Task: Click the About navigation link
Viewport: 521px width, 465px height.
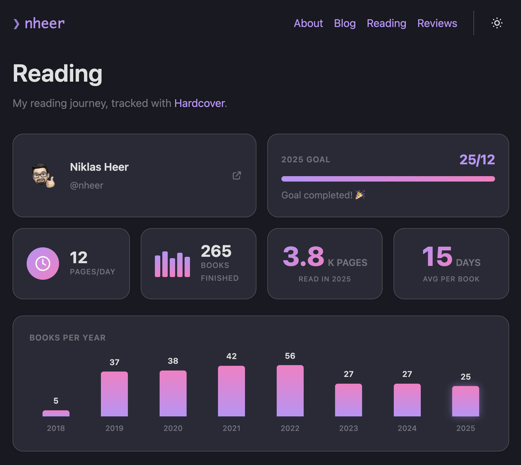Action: [308, 23]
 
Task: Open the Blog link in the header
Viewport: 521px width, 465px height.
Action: [345, 23]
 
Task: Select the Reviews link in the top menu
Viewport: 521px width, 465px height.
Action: [437, 23]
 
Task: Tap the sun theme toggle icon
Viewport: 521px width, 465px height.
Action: [497, 23]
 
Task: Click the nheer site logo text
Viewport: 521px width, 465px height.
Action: [44, 23]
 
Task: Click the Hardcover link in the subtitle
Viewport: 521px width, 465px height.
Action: [199, 103]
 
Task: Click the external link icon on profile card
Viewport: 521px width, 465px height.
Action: [237, 175]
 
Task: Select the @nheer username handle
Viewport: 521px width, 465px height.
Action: [86, 185]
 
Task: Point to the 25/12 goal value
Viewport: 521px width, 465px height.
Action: [477, 160]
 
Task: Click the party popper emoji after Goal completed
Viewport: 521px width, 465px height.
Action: [360, 195]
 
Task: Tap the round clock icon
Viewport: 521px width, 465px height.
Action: [43, 264]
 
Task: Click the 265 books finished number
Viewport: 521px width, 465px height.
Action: [216, 251]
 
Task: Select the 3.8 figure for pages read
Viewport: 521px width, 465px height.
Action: [303, 256]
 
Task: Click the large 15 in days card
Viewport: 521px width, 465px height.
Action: [437, 256]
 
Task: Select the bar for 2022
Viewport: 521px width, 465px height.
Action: [290, 391]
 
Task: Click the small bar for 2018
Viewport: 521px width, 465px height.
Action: [56, 413]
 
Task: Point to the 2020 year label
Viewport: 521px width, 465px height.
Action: [173, 428]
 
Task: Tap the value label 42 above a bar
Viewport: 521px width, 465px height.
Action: [231, 356]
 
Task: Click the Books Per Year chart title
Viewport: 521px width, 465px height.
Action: [67, 338]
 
